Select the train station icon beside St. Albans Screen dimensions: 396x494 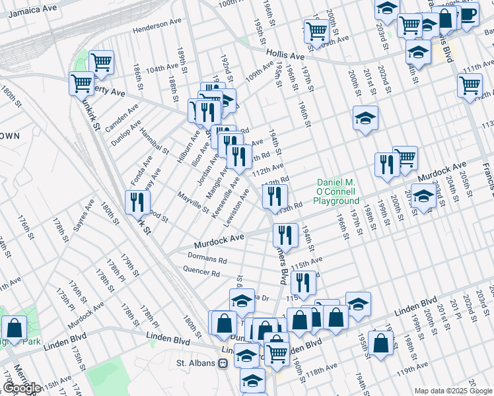223,363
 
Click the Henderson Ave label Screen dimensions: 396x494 157,30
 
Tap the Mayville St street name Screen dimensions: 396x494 194,202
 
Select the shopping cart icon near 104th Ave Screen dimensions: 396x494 101,63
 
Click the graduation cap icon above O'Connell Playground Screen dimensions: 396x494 365,118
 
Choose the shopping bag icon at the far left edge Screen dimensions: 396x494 14,328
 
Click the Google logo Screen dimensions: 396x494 21,388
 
